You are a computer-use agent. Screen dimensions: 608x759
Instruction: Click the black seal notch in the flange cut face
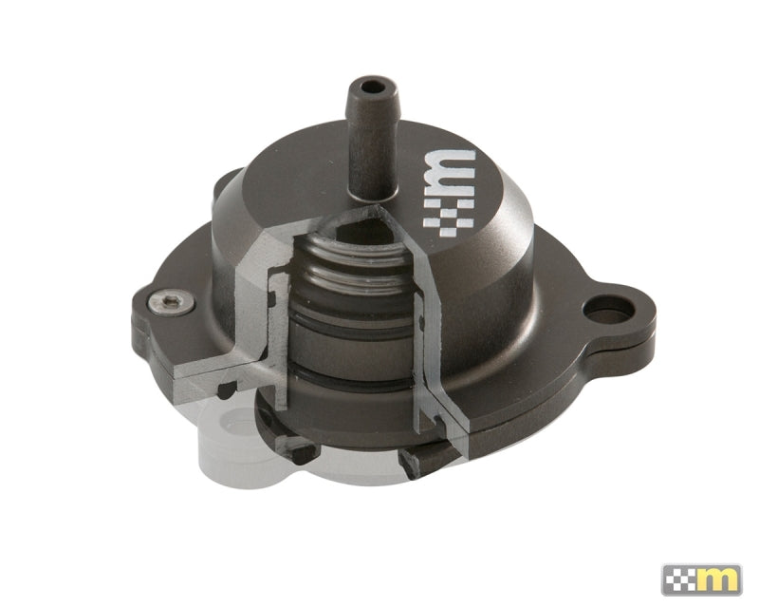click(x=228, y=388)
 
